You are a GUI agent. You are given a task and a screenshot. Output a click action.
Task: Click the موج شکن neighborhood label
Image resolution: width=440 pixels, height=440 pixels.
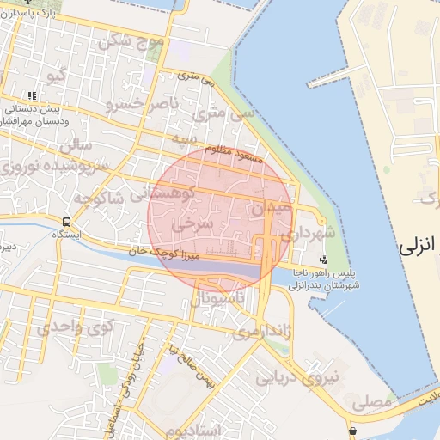click(x=131, y=40)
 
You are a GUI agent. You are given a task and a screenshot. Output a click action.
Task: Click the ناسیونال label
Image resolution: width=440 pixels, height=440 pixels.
click(x=218, y=298)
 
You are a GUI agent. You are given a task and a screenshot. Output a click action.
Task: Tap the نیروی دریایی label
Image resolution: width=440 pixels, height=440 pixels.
click(x=313, y=375)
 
